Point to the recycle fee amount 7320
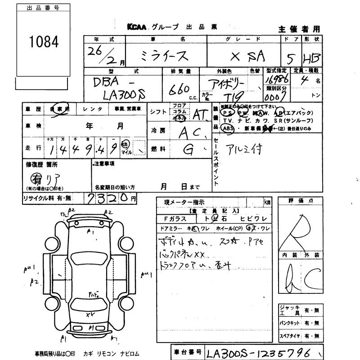pyautogui.click(x=108, y=198)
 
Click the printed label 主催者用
pyautogui.click(x=299, y=29)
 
